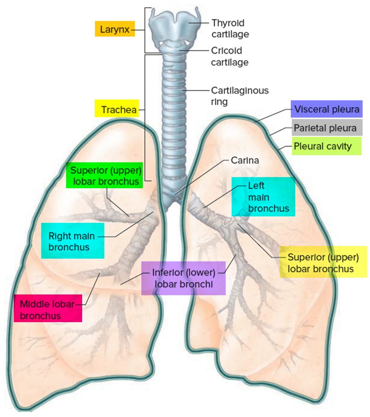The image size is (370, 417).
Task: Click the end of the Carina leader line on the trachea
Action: (x=175, y=194)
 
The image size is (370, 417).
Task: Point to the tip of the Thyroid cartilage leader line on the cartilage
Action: (x=189, y=23)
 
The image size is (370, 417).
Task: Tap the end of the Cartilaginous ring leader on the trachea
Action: (x=183, y=90)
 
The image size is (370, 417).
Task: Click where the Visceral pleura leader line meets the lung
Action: (x=255, y=122)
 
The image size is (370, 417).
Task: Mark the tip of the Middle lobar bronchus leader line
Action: (x=100, y=273)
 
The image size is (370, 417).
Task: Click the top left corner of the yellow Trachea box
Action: (x=95, y=100)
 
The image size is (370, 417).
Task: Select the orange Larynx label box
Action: (x=115, y=29)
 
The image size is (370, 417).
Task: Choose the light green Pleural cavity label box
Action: (x=327, y=146)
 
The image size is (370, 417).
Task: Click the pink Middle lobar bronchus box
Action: (x=48, y=308)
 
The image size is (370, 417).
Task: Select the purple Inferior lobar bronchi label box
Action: (x=183, y=278)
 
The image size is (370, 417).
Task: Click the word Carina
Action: (x=245, y=160)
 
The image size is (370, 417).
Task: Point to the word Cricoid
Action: (x=226, y=50)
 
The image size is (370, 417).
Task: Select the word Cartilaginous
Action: (x=240, y=90)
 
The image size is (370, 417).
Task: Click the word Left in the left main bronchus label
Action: (x=256, y=186)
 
